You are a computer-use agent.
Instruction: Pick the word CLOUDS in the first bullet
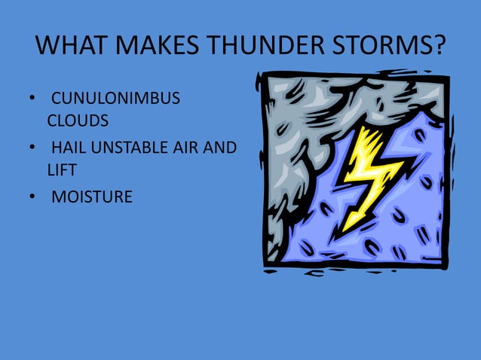pyautogui.click(x=78, y=121)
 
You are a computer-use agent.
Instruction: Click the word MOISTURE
pyautogui.click(x=91, y=197)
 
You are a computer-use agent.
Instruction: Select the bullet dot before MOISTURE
pyautogui.click(x=32, y=198)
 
